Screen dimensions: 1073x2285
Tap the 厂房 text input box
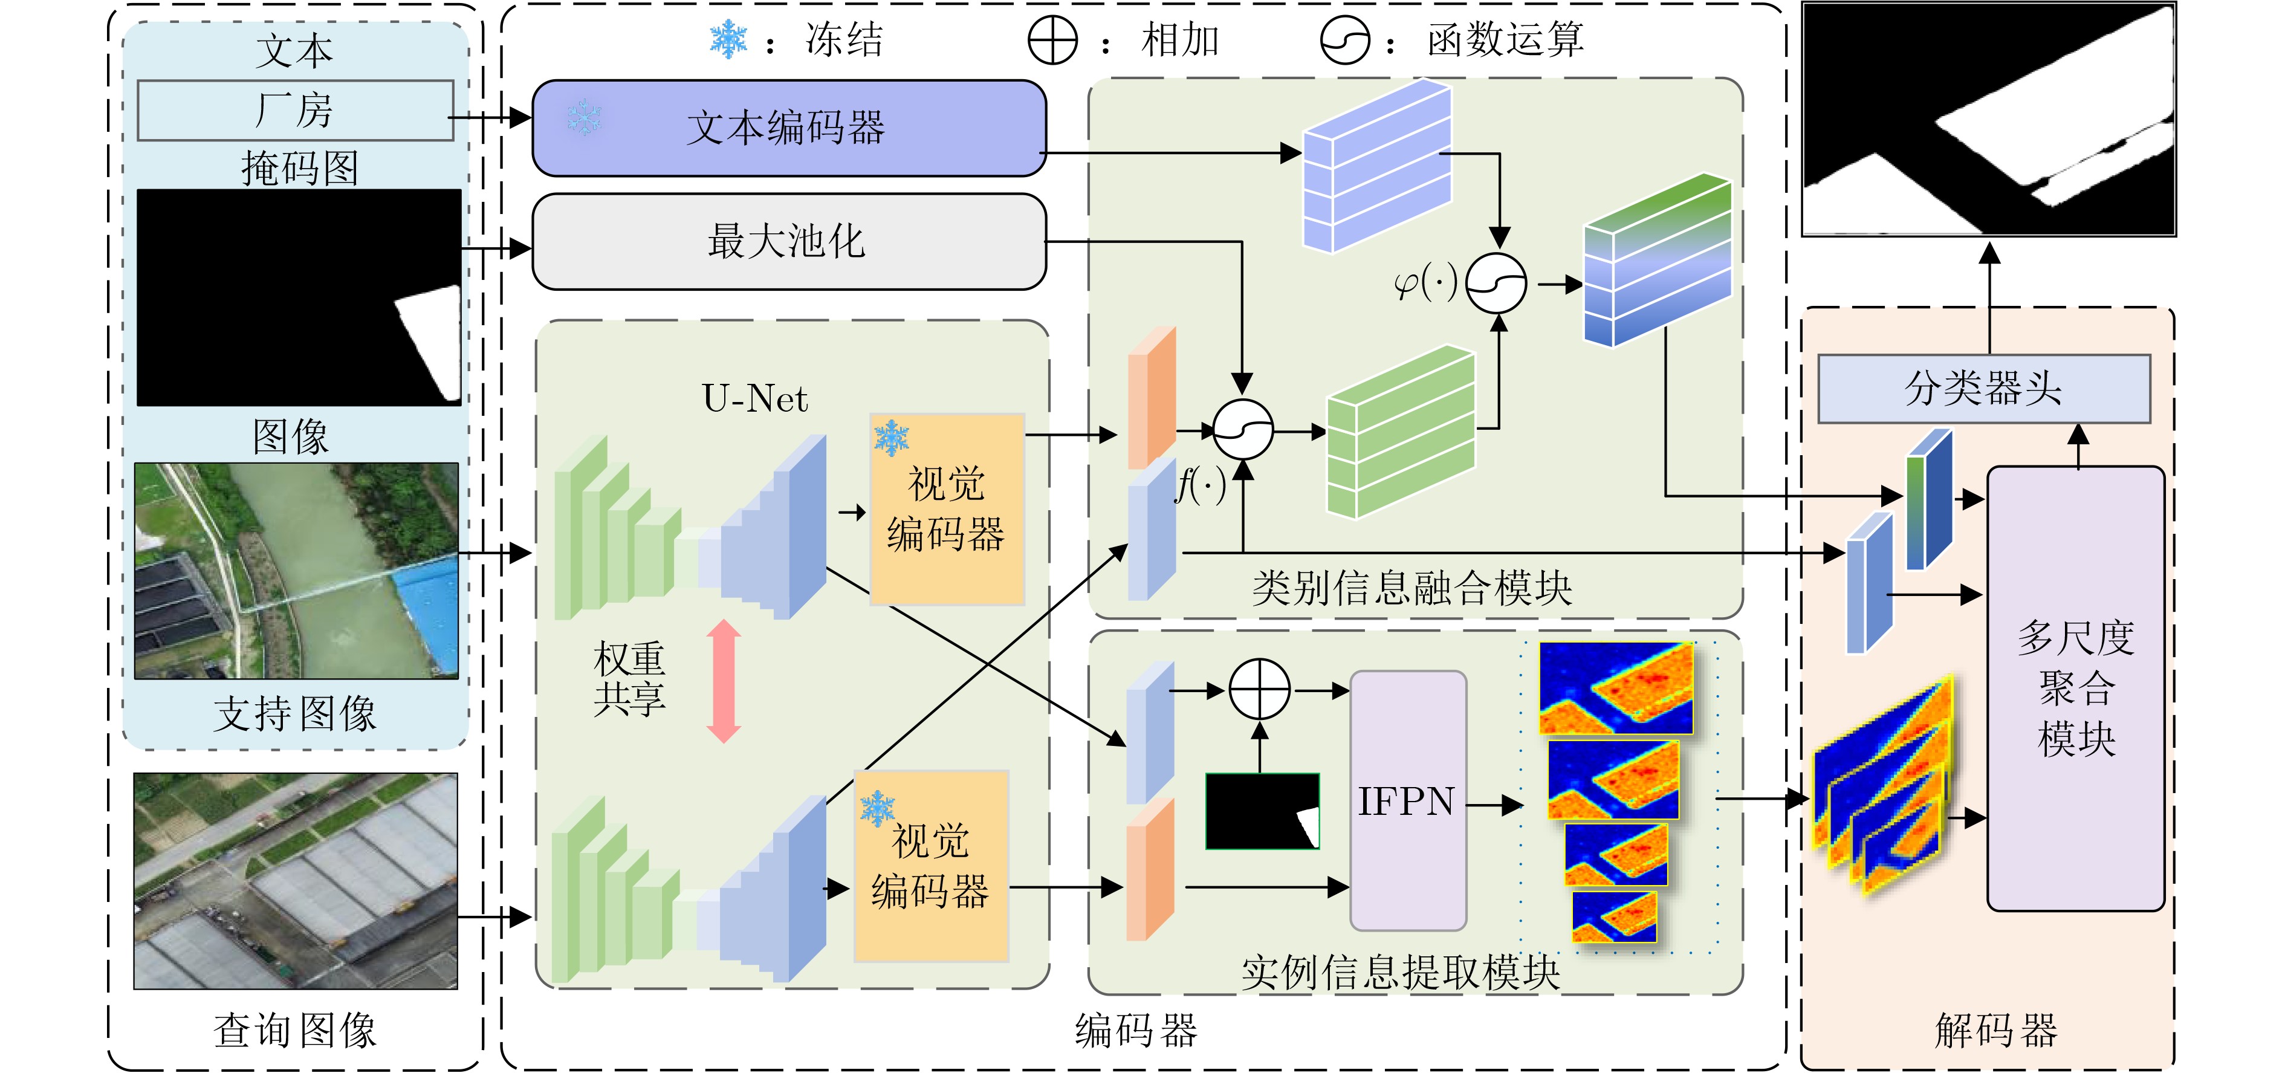296,110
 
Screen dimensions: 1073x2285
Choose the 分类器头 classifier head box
1983,389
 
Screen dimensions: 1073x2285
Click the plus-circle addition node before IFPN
1260,689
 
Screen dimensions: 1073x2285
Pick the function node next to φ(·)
1496,284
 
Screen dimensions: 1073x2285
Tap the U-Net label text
755,398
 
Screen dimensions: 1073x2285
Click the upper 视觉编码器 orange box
947,510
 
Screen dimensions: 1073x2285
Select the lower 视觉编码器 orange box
930,866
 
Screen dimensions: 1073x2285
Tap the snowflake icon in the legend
728,40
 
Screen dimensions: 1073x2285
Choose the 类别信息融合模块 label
1412,588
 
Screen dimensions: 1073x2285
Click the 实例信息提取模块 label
1401,973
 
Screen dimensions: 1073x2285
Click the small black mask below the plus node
1262,811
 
